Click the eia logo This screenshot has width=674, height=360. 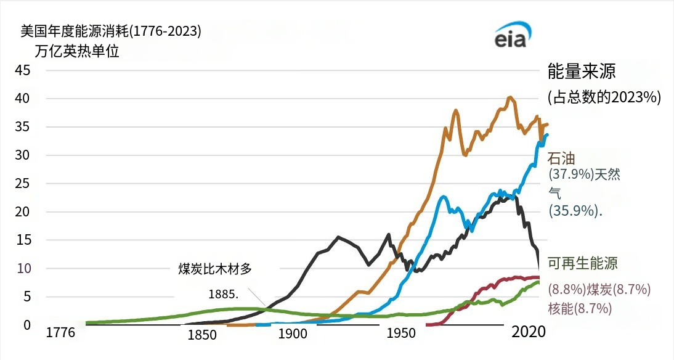click(511, 38)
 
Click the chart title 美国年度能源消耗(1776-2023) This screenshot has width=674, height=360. click(111, 31)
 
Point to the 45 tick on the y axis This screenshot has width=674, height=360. click(23, 70)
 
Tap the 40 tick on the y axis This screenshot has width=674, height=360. click(23, 99)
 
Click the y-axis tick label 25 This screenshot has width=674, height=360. click(23, 184)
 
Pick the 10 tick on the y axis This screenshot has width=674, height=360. click(23, 269)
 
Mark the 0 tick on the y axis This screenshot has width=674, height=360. click(26, 325)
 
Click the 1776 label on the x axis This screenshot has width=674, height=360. click(60, 333)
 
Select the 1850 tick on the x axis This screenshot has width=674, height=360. click(202, 335)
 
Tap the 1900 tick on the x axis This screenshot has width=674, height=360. click(293, 335)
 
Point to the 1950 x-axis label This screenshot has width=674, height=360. click(402, 333)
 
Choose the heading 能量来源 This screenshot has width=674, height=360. click(582, 72)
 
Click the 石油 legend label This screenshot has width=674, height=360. click(561, 158)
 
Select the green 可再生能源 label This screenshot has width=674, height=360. click(583, 264)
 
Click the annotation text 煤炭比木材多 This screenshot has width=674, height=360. click(216, 269)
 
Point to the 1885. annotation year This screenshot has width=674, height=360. click(223, 292)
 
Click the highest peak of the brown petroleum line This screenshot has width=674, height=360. click(510, 97)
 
